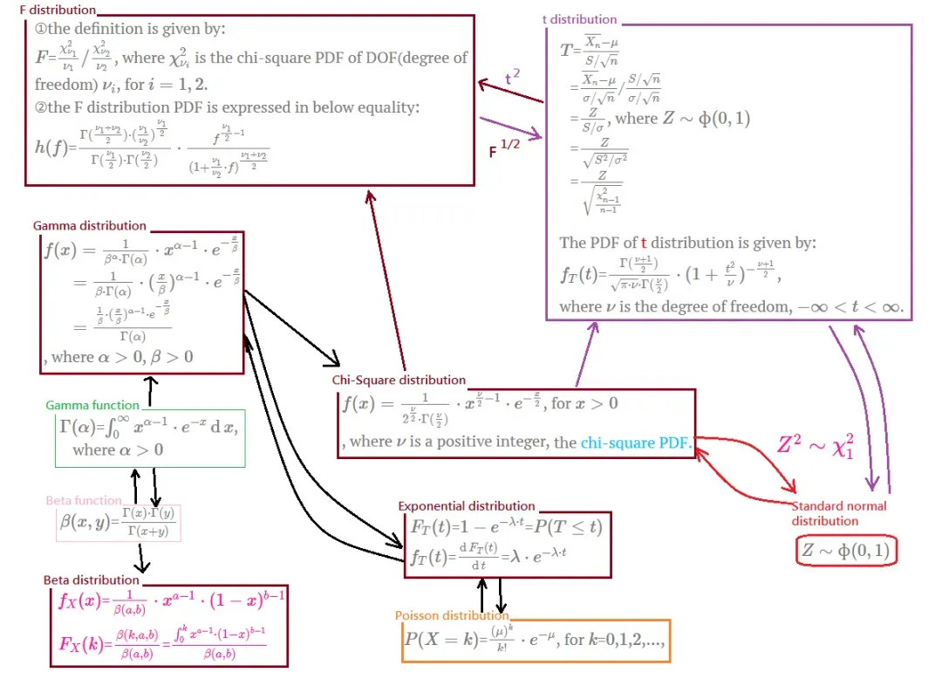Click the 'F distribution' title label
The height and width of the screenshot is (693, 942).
[x=58, y=10]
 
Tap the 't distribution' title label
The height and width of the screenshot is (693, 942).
[x=579, y=19]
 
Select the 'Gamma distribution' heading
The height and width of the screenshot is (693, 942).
[x=90, y=226]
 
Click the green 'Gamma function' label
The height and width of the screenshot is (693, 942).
[x=92, y=405]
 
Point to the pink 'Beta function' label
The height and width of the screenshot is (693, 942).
[x=84, y=500]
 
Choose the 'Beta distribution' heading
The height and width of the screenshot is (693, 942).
[x=92, y=580]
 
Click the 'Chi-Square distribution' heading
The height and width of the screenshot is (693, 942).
[x=399, y=380]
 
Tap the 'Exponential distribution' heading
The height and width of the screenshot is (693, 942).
[x=467, y=505]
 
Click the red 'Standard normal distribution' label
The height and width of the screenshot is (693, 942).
[x=838, y=513]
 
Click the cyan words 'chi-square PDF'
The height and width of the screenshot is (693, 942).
[x=635, y=443]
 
